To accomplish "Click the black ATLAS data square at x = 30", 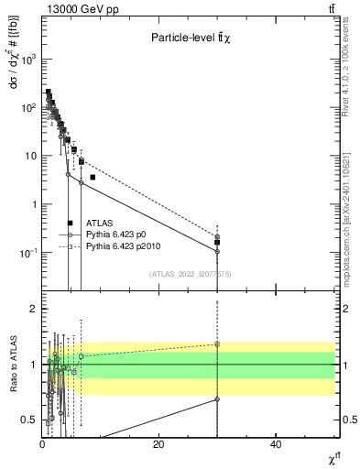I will click(217, 243).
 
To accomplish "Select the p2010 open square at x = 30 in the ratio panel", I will click(217, 344).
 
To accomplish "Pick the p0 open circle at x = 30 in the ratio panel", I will click(217, 399).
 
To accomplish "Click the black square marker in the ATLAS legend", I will click(70, 223).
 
